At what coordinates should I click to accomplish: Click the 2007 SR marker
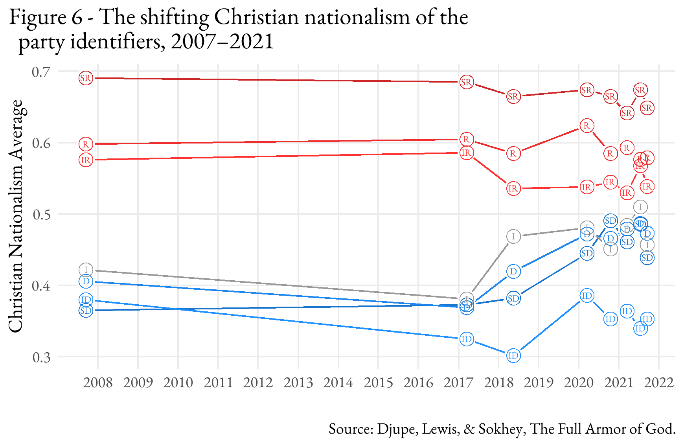point(86,78)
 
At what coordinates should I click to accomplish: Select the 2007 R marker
point(86,144)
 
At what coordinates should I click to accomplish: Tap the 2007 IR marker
point(86,160)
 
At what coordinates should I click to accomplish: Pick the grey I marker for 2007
point(86,270)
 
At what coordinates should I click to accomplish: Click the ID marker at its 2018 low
point(513,356)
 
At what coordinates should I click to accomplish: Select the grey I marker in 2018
point(513,237)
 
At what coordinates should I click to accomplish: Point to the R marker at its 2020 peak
point(587,126)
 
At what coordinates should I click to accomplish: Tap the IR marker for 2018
point(513,189)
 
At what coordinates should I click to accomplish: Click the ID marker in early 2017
point(466,339)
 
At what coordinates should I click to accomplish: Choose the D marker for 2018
point(513,271)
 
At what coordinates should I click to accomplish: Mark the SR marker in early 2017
point(466,82)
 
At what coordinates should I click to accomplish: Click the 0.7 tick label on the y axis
point(41,72)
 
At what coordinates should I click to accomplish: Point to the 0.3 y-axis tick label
point(41,357)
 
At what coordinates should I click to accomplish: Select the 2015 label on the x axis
point(378,383)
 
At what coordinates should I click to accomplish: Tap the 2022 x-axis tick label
point(659,383)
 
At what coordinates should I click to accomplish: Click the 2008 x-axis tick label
point(98,383)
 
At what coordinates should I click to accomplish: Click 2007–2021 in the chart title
point(222,42)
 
